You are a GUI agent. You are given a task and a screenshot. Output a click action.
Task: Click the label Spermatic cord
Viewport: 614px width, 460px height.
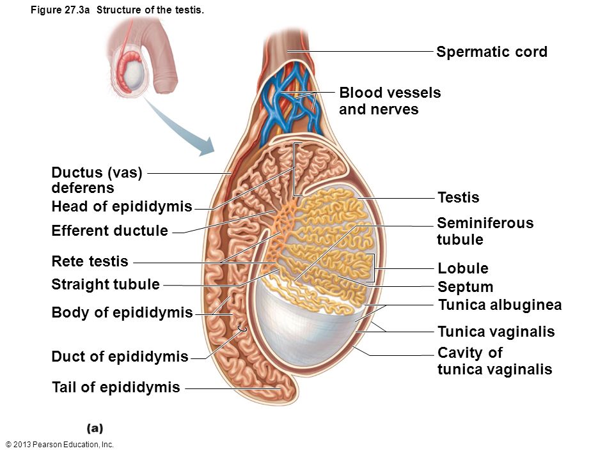pos(492,52)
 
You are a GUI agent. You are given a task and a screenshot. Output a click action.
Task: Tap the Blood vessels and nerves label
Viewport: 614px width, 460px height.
pos(390,101)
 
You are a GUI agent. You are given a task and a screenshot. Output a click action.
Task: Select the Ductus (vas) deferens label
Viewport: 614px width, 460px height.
pos(97,180)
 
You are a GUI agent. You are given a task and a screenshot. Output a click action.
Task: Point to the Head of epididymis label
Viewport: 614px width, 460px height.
pos(122,206)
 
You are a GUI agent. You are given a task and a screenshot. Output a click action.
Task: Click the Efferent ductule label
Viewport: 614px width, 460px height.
pos(109,231)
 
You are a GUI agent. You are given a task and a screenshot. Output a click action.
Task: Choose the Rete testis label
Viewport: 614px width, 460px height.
pos(90,261)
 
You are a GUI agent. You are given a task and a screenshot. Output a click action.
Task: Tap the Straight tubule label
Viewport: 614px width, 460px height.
pos(106,284)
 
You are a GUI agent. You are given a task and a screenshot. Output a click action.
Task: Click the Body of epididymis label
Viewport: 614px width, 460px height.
pos(122,312)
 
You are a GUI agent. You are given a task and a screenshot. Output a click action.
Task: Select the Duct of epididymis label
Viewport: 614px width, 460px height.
pos(120,356)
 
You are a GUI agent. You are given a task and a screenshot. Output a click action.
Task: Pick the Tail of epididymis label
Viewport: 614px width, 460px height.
pos(116,387)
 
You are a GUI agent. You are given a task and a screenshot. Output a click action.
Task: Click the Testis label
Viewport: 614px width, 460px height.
pos(458,197)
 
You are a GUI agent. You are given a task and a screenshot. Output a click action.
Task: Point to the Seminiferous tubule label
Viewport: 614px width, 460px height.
pos(485,231)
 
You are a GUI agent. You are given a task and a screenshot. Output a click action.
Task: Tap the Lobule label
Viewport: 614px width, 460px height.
pos(463,268)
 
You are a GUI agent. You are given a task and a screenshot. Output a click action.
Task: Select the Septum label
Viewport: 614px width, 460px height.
pos(465,287)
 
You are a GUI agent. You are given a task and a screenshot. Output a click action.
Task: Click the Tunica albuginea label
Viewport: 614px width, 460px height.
pos(500,305)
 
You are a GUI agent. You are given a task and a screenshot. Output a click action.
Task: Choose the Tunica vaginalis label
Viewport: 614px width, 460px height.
pos(496,332)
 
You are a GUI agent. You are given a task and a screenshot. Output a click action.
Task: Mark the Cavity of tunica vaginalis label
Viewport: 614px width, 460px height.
pos(495,360)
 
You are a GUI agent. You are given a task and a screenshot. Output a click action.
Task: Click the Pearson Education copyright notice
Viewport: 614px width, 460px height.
pos(59,445)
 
